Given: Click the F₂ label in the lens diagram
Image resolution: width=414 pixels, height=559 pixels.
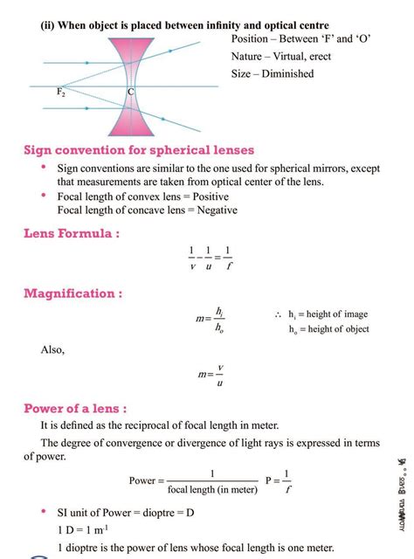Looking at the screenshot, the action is point(62,93).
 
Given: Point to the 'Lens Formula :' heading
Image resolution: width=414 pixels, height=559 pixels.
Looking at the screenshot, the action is point(72,233).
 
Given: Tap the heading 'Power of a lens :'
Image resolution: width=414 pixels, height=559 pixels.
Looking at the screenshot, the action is point(75,408).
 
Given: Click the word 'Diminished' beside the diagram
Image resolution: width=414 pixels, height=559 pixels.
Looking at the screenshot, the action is point(284,73).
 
